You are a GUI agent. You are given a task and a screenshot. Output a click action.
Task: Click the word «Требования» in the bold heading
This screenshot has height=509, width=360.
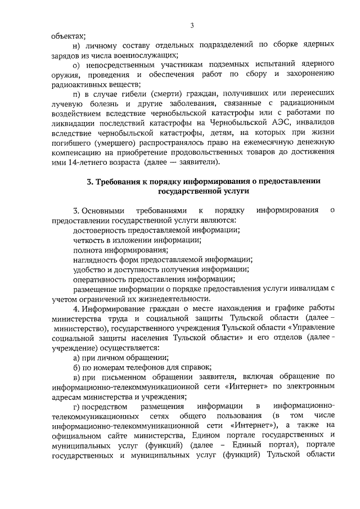coord(120,181)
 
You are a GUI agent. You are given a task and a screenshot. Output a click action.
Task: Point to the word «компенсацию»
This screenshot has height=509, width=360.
coord(77,152)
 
